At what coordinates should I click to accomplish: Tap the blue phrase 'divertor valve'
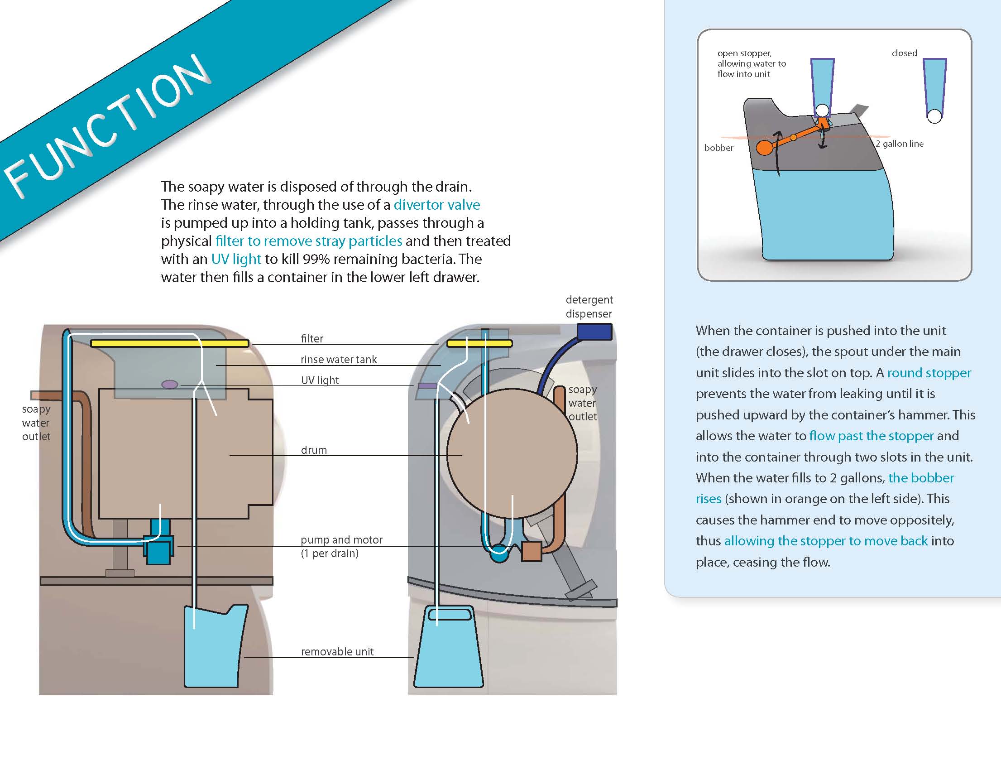436,204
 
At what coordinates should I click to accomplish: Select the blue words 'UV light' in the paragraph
236,259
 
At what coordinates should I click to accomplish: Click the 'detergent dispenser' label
589,307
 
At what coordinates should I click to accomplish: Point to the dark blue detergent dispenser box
594,332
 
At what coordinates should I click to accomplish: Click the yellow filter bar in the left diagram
169,343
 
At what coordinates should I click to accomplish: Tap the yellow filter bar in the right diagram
479,343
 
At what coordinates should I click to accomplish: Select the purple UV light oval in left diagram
169,385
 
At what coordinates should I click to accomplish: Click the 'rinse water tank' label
339,360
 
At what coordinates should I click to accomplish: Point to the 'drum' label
314,450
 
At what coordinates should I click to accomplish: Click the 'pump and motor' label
341,540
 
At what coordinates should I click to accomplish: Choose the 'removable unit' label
337,652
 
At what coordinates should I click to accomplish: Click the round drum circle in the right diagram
512,454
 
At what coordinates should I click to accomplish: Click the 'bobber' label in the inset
718,148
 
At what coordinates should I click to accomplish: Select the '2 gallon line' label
899,144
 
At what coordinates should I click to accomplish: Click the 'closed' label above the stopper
904,53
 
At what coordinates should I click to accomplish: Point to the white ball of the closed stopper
934,116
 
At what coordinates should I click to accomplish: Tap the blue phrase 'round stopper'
929,373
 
